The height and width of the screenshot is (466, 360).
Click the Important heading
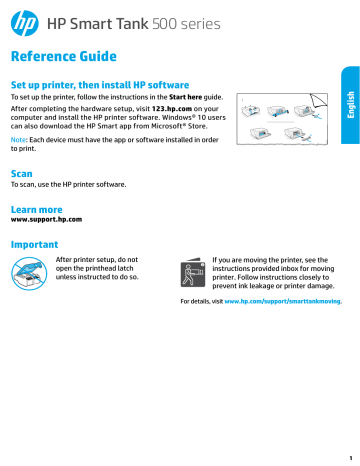click(x=34, y=243)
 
